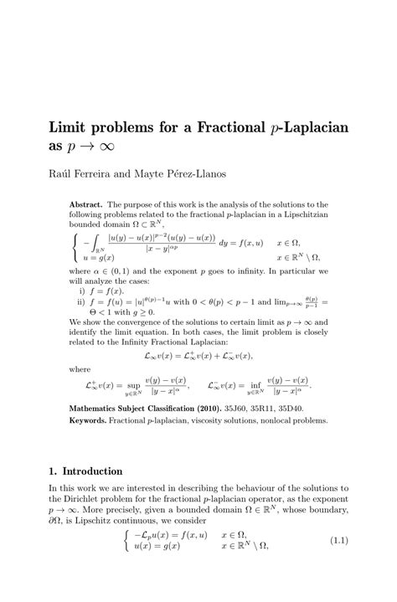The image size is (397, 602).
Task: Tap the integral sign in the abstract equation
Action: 90,249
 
